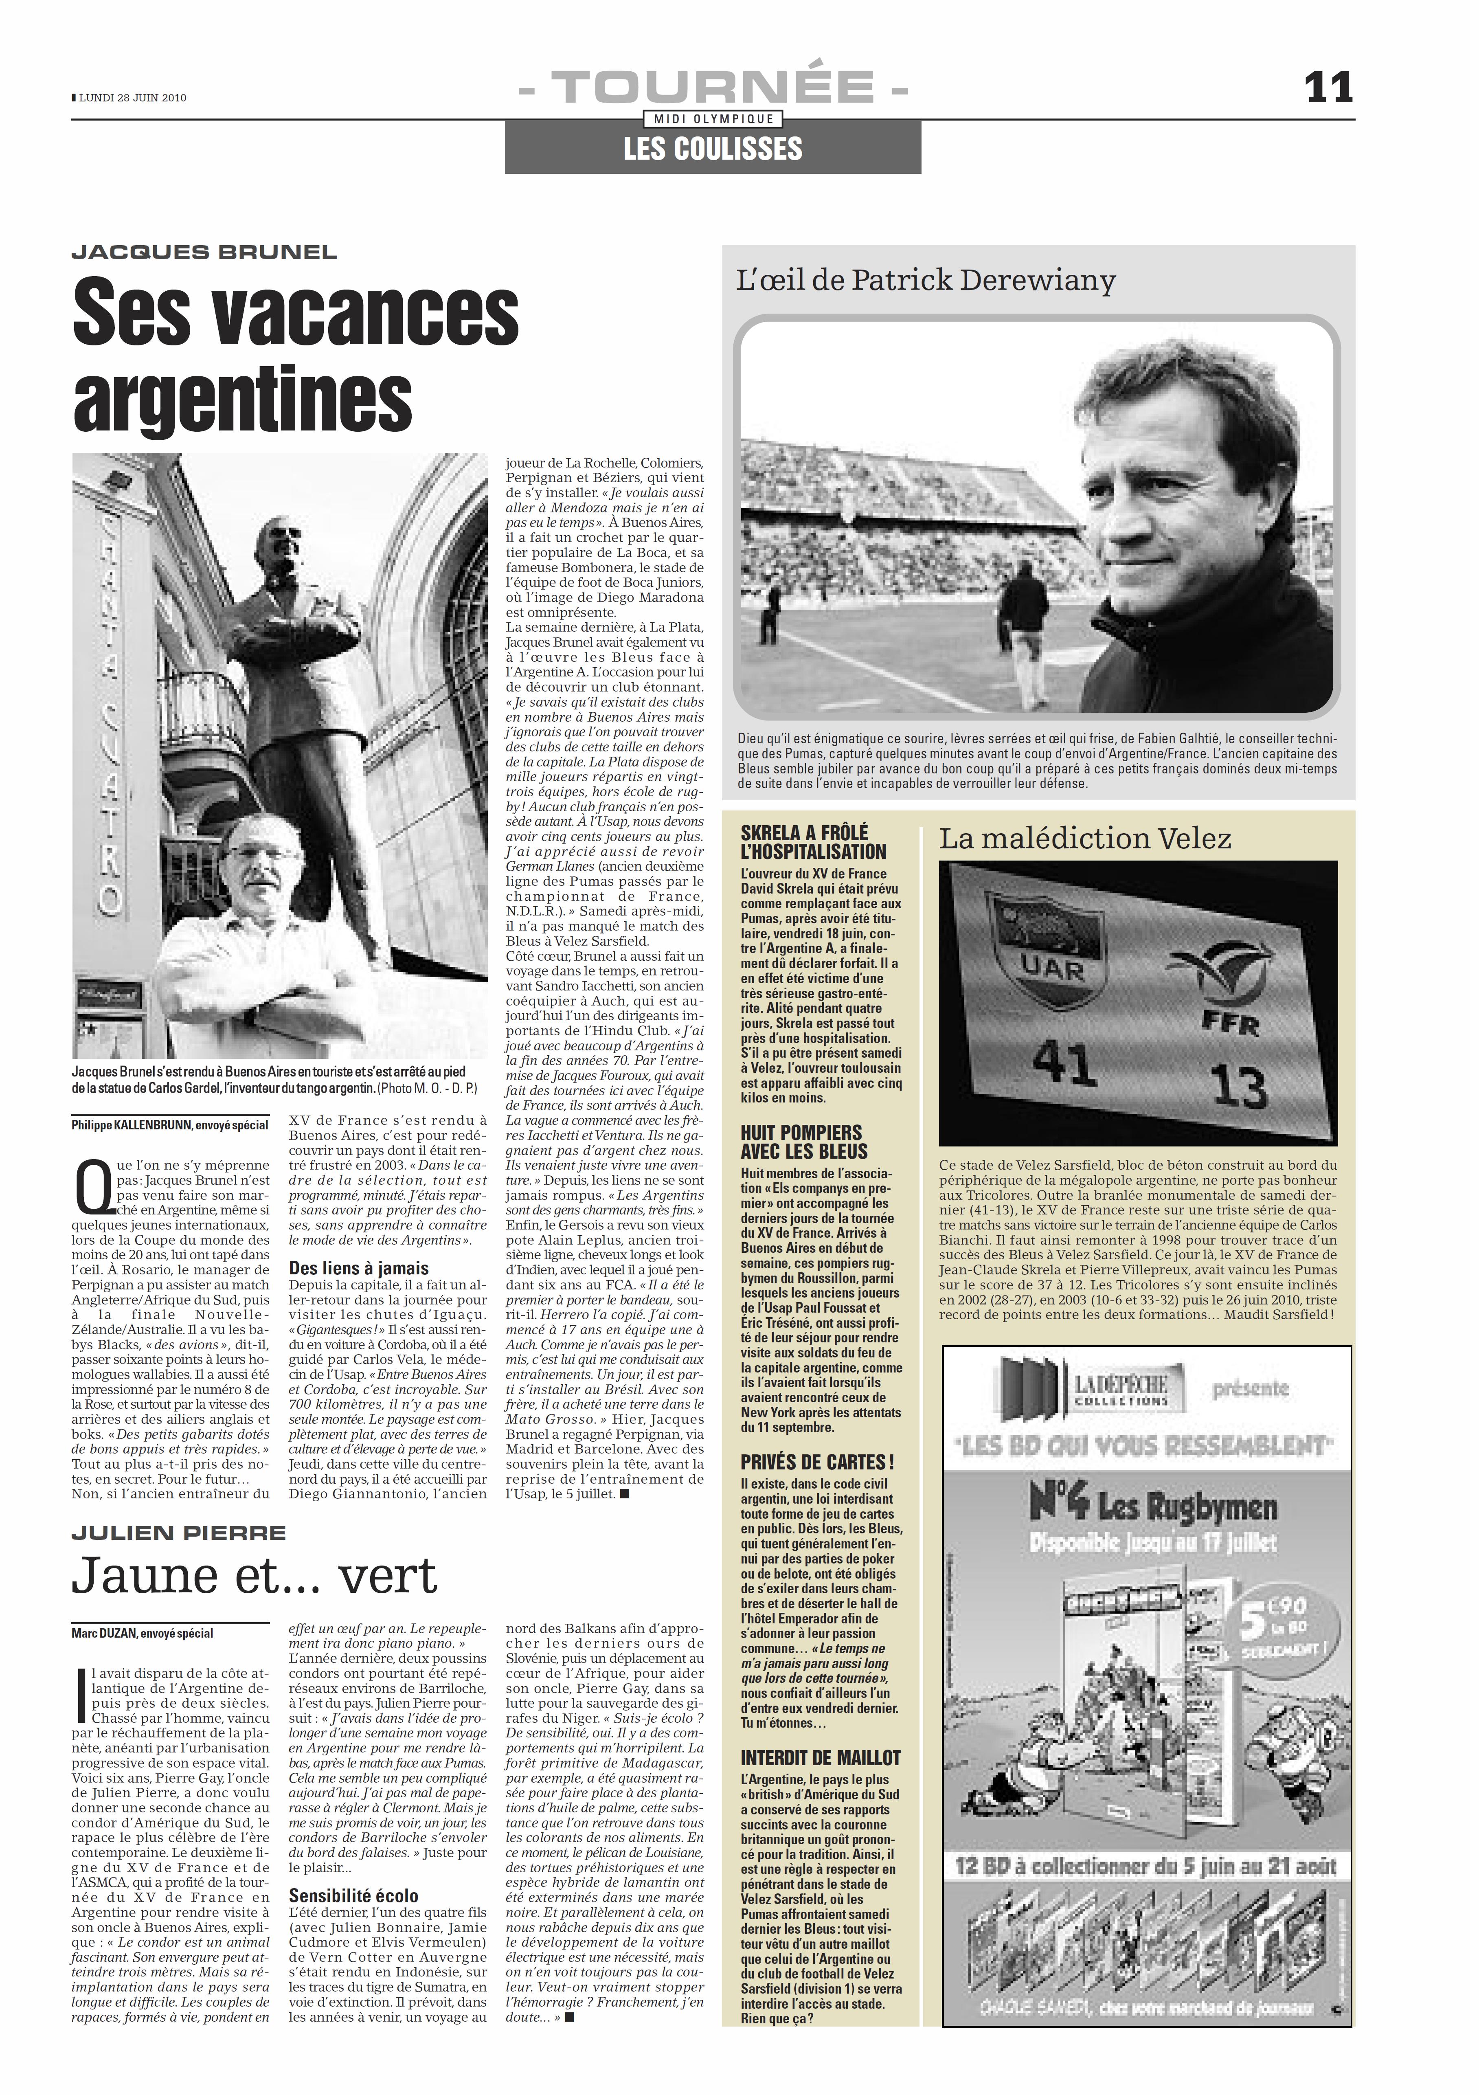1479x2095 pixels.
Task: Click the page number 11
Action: tap(1328, 88)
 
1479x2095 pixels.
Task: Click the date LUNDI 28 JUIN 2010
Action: tap(132, 98)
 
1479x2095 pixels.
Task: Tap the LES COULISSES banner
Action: tap(713, 149)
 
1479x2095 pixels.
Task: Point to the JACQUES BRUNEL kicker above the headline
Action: tap(204, 253)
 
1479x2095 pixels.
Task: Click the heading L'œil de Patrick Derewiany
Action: tap(925, 280)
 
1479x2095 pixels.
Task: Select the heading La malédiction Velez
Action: tap(1085, 839)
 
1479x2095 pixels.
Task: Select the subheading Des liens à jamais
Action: tap(359, 1268)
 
